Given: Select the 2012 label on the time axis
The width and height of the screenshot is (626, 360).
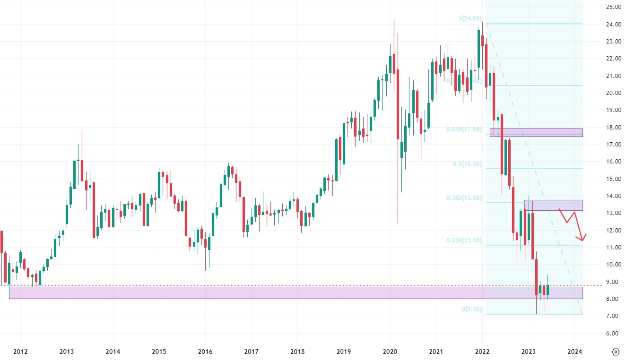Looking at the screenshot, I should pyautogui.click(x=20, y=351).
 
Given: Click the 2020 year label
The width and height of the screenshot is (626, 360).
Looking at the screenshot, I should pyautogui.click(x=390, y=351).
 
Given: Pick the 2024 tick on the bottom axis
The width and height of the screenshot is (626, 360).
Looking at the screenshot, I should pyautogui.click(x=574, y=351).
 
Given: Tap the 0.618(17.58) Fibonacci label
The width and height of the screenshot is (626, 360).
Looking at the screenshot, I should pyautogui.click(x=464, y=129).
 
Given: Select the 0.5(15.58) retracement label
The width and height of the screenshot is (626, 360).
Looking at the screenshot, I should pyautogui.click(x=467, y=164).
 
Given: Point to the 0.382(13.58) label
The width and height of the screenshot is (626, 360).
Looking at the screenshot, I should pyautogui.click(x=464, y=198).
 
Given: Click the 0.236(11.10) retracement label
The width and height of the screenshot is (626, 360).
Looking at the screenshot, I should pyautogui.click(x=464, y=240).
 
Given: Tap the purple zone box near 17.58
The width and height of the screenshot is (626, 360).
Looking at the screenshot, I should pyautogui.click(x=536, y=133).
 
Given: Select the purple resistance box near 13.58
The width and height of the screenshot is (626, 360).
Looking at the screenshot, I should pyautogui.click(x=553, y=205).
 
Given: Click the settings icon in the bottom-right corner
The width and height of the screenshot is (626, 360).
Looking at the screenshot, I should pyautogui.click(x=616, y=351).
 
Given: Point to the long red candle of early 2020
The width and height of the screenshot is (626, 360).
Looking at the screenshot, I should pyautogui.click(x=398, y=104).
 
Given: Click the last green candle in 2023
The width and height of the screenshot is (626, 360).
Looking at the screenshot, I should pyautogui.click(x=548, y=290).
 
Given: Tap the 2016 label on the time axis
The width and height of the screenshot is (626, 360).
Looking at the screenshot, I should pyautogui.click(x=205, y=351).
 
